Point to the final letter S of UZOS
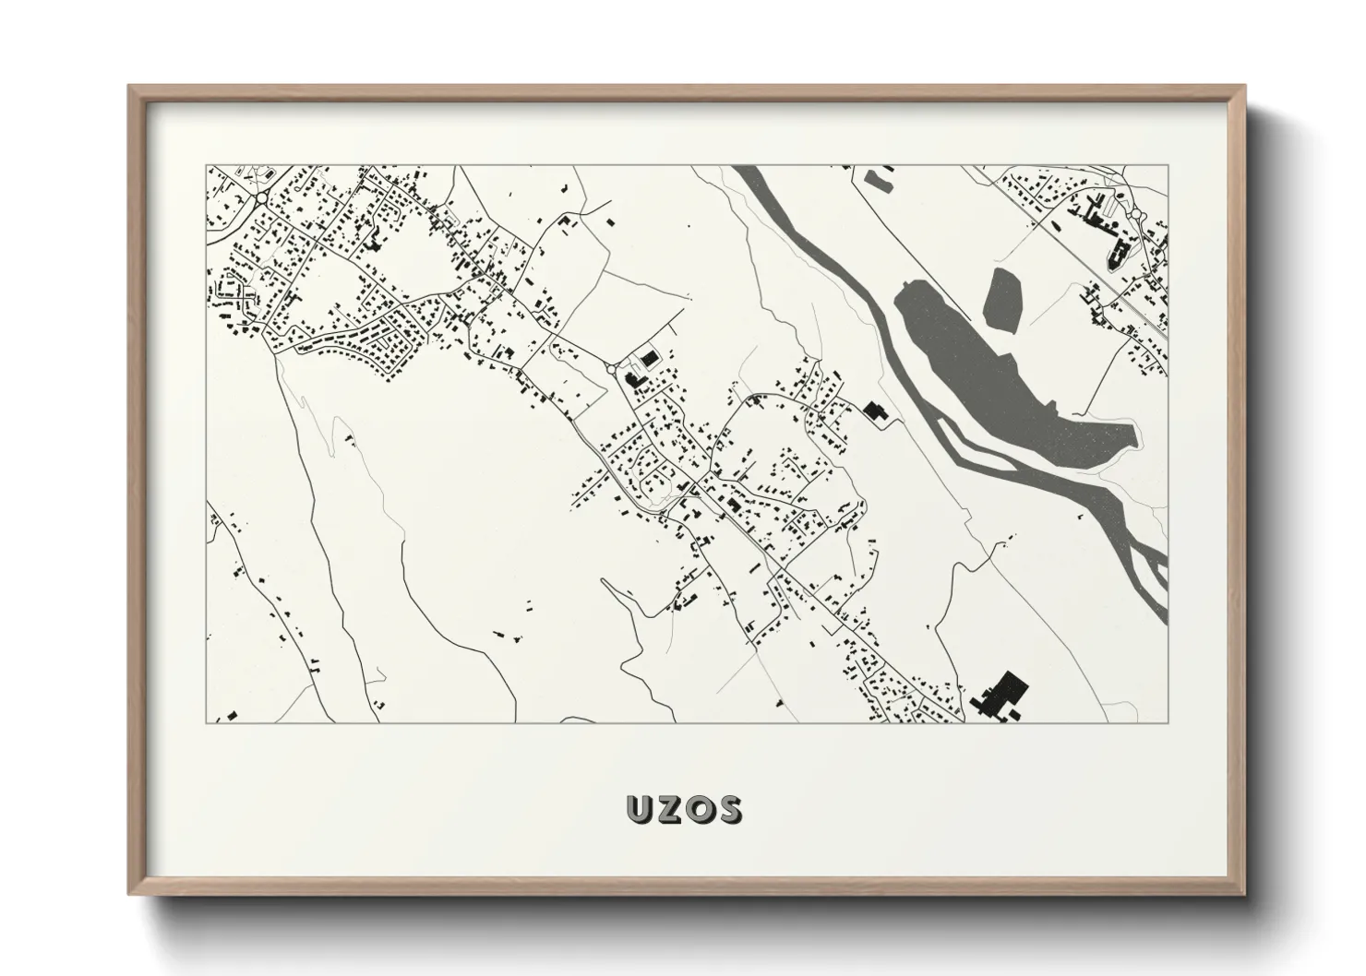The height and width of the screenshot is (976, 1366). pyautogui.click(x=727, y=809)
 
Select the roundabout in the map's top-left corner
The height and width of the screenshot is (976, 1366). pyautogui.click(x=261, y=197)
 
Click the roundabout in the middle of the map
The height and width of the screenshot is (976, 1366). pyautogui.click(x=614, y=369)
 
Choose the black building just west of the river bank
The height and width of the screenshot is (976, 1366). pyautogui.click(x=873, y=411)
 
